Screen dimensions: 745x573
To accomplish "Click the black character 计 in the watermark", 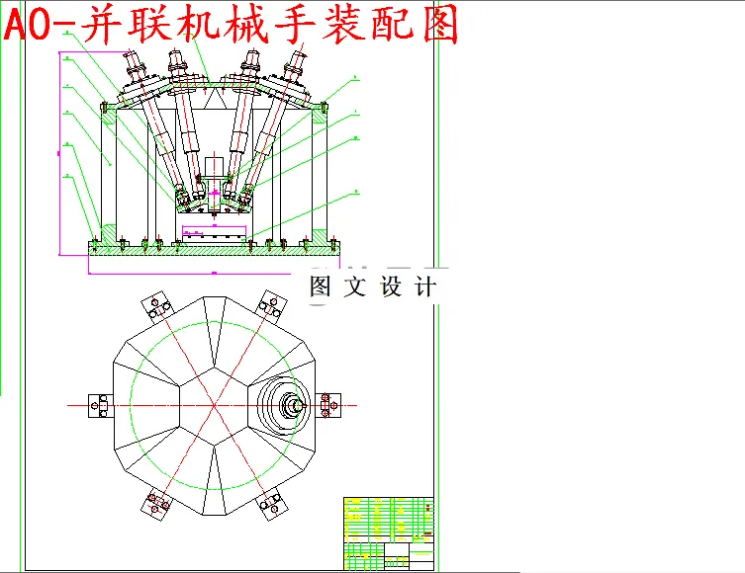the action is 423,287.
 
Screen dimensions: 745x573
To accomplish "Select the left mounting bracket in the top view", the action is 101,405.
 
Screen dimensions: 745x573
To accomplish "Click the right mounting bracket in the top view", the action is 329,405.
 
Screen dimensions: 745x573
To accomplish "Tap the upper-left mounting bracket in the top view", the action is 155,306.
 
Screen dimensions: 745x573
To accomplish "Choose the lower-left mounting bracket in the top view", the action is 155,504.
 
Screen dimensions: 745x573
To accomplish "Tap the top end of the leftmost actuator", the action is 134,65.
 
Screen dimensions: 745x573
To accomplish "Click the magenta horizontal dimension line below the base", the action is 213,270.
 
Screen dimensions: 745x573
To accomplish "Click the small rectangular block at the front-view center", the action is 214,233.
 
